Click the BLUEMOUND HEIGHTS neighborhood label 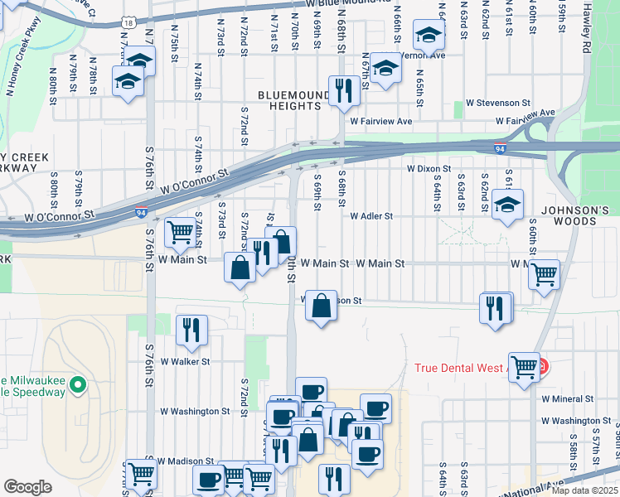(x=289, y=100)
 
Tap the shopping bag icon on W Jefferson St (x=321, y=305)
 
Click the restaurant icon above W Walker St (x=191, y=329)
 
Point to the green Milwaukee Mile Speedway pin (x=78, y=384)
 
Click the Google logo (x=27, y=487)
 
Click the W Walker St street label (x=186, y=362)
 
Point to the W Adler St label (x=371, y=216)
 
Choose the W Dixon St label (x=428, y=168)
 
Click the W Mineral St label (x=568, y=398)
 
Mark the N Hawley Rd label (x=587, y=17)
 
